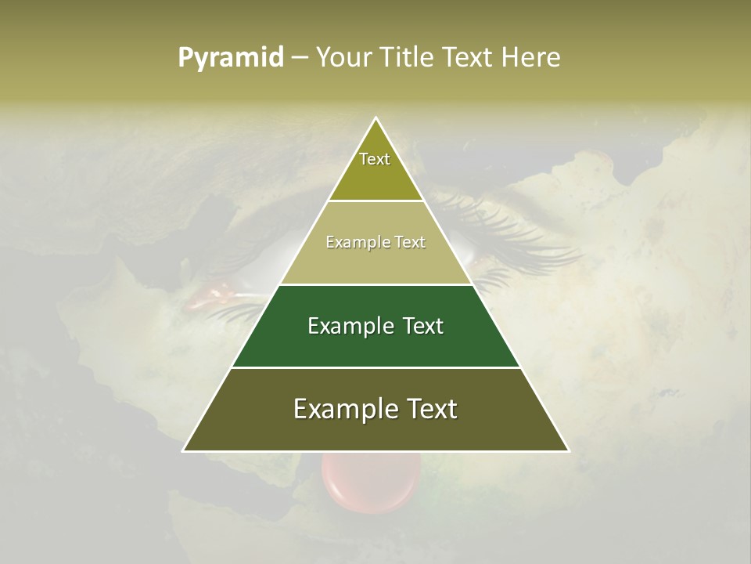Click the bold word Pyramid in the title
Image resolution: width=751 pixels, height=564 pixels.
click(231, 58)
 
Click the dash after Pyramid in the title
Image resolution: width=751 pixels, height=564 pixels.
click(300, 58)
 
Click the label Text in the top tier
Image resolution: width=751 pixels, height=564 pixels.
click(375, 159)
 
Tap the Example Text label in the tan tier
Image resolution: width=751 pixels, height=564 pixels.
click(375, 242)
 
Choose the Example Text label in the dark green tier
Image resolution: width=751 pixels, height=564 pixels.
click(375, 326)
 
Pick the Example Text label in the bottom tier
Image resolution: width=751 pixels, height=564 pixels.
click(375, 409)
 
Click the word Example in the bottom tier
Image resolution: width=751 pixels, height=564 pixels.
click(341, 409)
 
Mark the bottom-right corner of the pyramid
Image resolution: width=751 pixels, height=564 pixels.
click(568, 450)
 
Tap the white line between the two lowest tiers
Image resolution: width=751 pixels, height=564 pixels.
click(375, 367)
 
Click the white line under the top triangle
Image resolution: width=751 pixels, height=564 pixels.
click(375, 201)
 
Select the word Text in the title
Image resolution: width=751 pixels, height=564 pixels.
click(468, 58)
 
